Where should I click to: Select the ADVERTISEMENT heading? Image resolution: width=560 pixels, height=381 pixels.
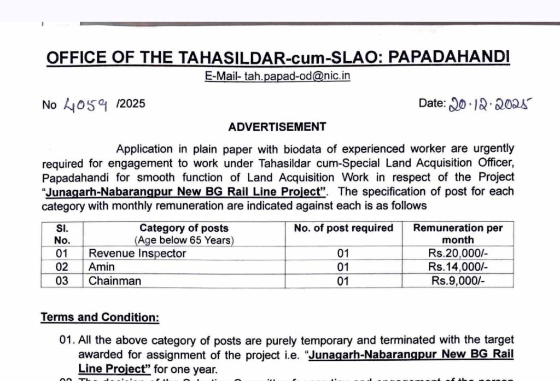point(277,127)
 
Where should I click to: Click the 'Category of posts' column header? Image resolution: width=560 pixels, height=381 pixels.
point(184,228)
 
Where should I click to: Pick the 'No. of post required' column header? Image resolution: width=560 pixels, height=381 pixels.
point(343,228)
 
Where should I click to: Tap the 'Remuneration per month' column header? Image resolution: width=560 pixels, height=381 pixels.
point(457,233)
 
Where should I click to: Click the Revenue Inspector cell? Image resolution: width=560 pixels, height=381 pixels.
point(137,253)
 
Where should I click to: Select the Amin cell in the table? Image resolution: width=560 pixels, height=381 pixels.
point(102,267)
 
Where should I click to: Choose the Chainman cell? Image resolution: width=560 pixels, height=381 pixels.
point(115,281)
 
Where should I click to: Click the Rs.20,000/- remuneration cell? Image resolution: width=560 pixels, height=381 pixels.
point(457,253)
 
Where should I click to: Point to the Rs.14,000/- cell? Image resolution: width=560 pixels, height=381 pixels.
point(457,267)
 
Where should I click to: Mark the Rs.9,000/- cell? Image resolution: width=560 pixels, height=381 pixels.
point(457,281)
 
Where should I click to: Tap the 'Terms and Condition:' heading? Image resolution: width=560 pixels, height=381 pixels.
point(100,318)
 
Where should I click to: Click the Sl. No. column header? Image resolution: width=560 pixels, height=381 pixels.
point(62,233)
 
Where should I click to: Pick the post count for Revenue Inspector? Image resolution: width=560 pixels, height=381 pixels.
point(343,253)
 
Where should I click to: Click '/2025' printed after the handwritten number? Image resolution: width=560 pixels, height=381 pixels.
point(131,103)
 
